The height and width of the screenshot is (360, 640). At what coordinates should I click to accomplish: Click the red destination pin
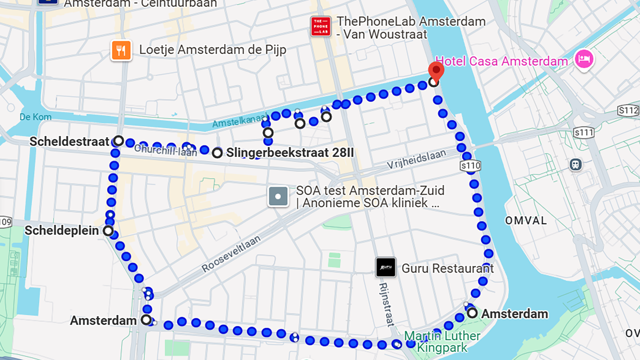tap(436, 71)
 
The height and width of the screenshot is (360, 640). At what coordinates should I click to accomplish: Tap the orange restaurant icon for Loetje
tap(121, 50)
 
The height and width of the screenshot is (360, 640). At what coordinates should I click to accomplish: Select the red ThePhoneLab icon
tap(321, 26)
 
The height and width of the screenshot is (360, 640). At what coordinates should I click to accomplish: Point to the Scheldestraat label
tap(69, 142)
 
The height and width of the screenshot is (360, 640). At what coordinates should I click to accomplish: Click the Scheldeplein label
tap(62, 230)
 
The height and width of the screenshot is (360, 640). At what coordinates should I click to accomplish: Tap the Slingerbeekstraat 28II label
tap(290, 153)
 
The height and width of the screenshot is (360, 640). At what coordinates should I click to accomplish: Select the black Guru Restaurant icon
tap(386, 267)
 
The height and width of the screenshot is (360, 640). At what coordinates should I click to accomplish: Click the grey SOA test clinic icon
tap(278, 196)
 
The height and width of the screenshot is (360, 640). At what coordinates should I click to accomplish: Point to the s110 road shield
tap(470, 166)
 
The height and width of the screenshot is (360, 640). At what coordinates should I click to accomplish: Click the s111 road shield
tap(584, 132)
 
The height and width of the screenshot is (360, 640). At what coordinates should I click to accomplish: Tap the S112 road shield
tap(628, 110)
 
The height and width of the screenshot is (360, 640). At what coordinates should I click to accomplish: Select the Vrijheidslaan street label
tap(416, 159)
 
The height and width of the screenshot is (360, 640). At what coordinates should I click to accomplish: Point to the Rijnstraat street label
tap(386, 304)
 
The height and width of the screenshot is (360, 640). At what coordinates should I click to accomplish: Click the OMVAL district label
tap(526, 221)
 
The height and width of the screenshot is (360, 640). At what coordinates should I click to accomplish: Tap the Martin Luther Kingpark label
tap(442, 342)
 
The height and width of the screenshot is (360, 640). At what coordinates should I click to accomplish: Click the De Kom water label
tap(36, 117)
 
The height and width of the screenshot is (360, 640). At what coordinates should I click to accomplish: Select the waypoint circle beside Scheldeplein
tap(108, 231)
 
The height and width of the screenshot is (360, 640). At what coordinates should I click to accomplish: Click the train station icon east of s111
tap(576, 164)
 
